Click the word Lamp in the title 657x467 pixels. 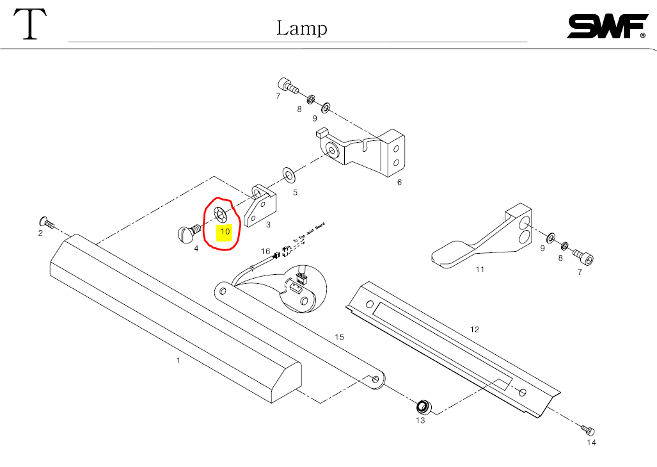[x=301, y=28]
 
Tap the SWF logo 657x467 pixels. [x=606, y=26]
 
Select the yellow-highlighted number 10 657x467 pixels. [x=225, y=231]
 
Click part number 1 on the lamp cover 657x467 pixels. [x=178, y=360]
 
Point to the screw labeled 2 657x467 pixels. [x=44, y=221]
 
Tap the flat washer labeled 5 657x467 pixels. [x=289, y=174]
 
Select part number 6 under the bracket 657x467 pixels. [x=399, y=182]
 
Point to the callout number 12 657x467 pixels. [x=474, y=329]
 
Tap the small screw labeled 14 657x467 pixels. [x=589, y=429]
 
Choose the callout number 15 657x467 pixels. [x=339, y=336]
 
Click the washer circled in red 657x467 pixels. [x=219, y=213]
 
